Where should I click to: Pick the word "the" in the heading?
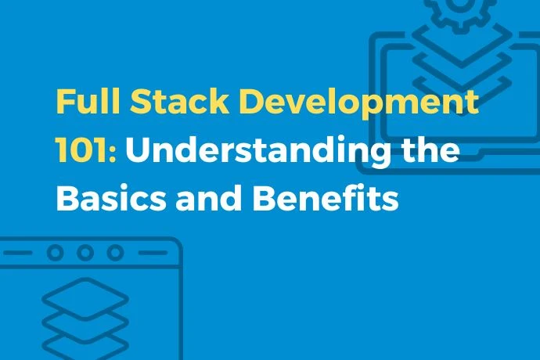(x=429, y=151)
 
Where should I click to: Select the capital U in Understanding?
(x=139, y=151)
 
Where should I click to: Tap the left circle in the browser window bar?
(x=55, y=253)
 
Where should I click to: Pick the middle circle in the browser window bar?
(x=85, y=253)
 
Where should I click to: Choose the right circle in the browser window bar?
(x=115, y=253)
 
